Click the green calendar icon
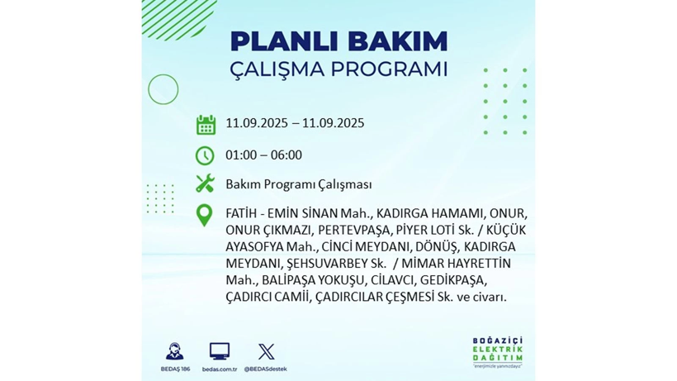click(206, 125)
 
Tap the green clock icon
click(205, 155)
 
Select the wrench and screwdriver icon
click(205, 183)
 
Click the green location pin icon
click(204, 215)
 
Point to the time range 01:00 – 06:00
click(263, 155)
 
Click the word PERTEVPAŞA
click(350, 230)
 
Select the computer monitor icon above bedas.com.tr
click(220, 351)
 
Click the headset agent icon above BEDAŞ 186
click(174, 351)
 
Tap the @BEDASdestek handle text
click(266, 369)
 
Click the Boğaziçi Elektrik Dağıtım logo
click(494, 353)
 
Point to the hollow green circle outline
click(163, 89)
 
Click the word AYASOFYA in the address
click(254, 246)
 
